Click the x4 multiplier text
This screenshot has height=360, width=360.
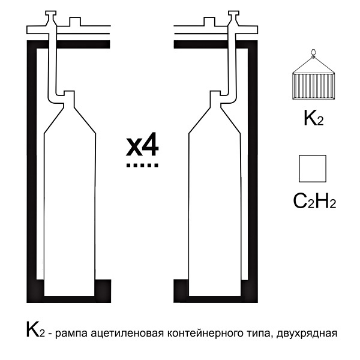point(142,146)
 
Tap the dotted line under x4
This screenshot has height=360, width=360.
point(142,164)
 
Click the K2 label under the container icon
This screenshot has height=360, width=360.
point(313,119)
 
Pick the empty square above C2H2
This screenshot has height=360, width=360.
point(313,168)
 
